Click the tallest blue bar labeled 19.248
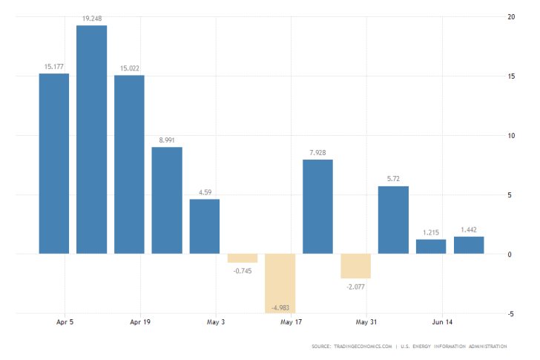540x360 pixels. [91, 140]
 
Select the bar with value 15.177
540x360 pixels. [54, 163]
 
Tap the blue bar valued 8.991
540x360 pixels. [167, 200]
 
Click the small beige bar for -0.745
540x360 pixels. [243, 258]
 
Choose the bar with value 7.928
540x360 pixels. [317, 206]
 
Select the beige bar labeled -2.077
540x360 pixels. [355, 266]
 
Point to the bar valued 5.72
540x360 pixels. [393, 220]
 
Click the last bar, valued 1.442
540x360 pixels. [469, 245]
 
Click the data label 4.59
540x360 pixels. [205, 193]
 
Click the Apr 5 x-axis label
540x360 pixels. [65, 323]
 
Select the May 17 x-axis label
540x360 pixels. [291, 323]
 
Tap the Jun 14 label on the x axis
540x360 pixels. [442, 323]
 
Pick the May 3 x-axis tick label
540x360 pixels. [216, 323]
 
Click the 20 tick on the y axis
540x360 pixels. [510, 16]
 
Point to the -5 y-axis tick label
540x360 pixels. [510, 313]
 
